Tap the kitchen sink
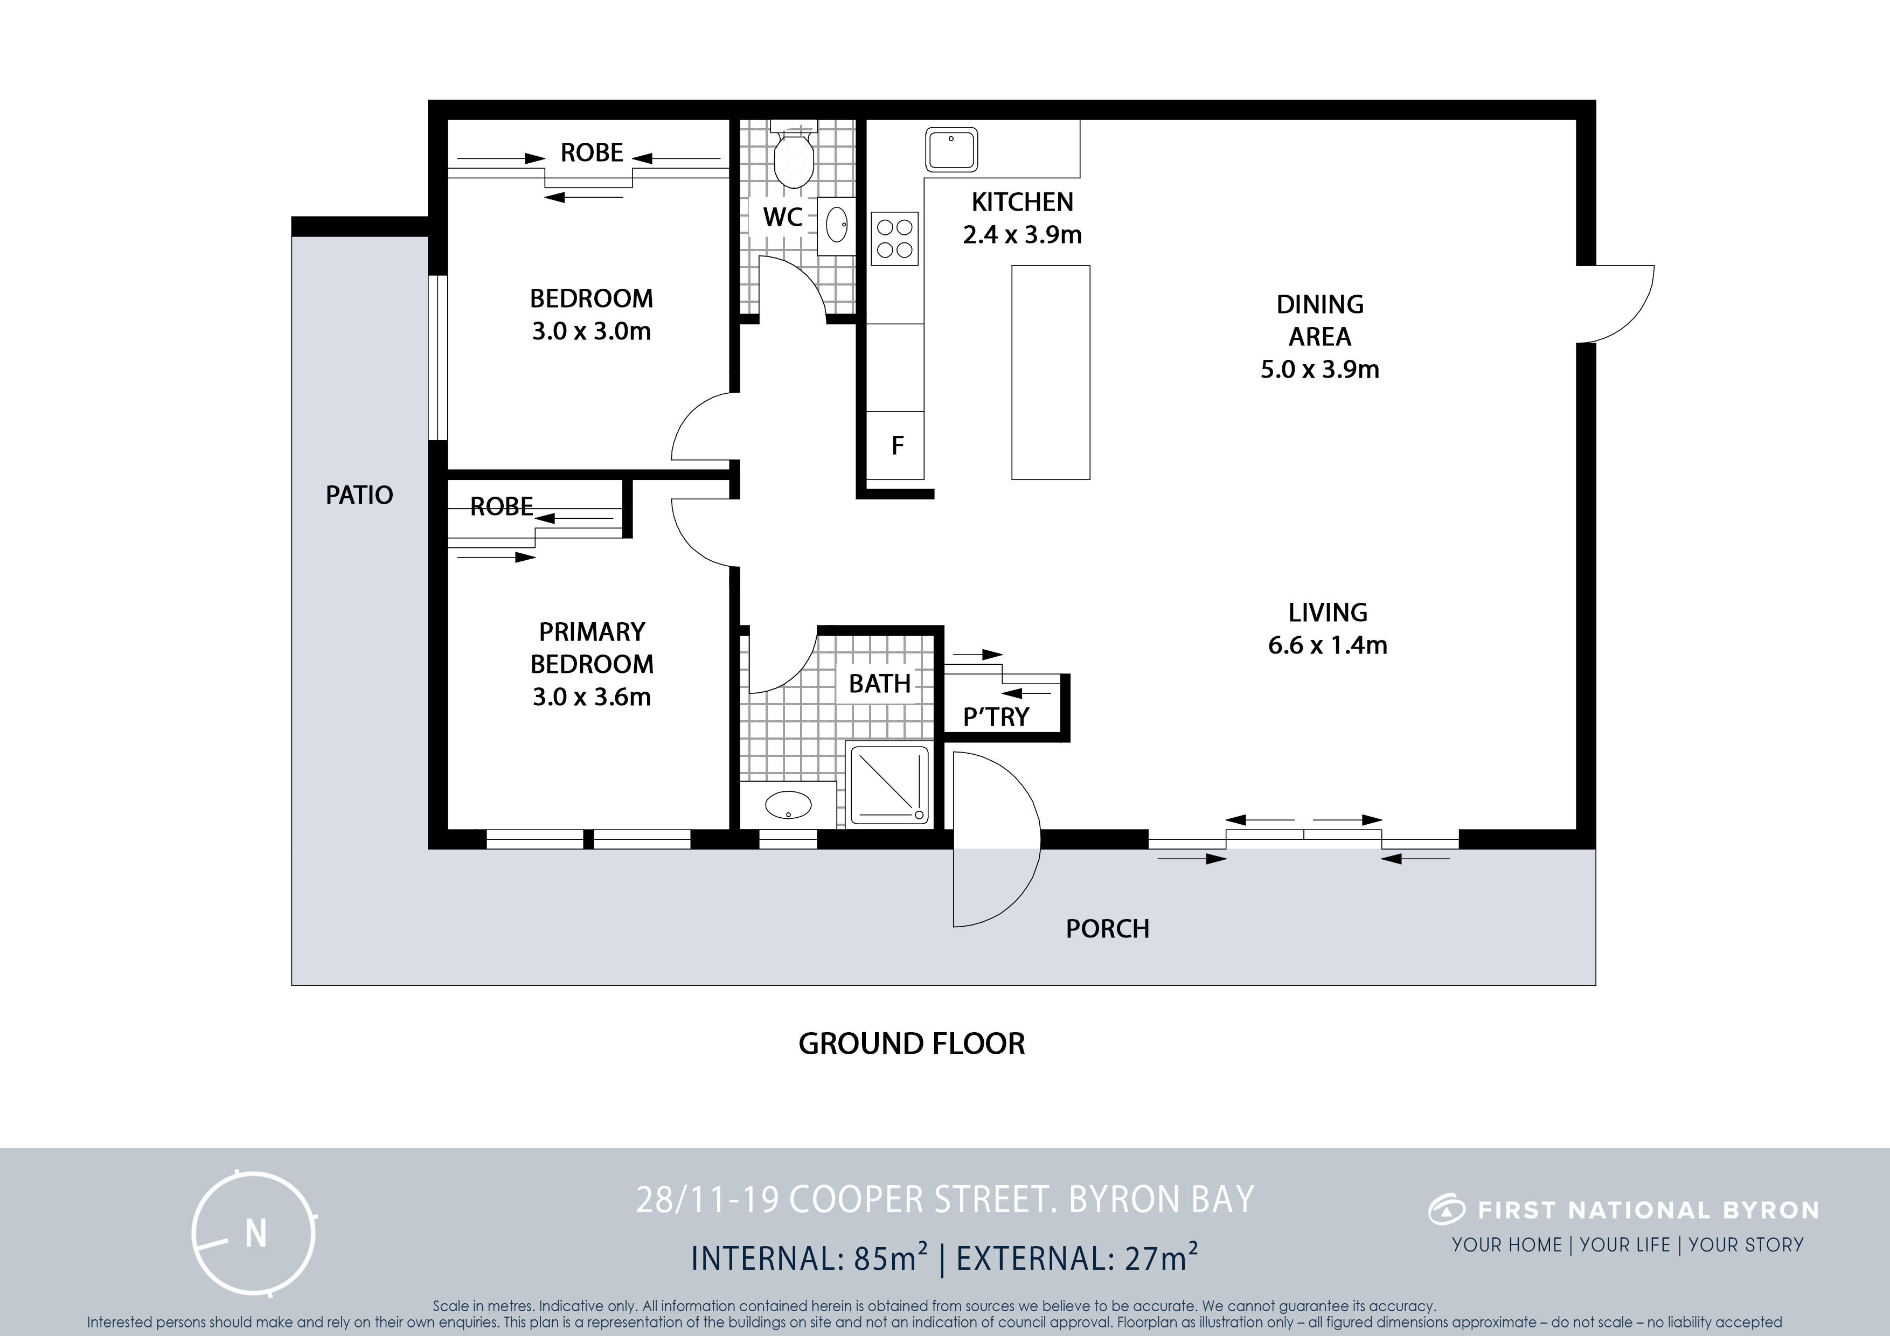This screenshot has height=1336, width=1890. tap(951, 150)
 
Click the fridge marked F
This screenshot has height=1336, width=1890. tap(897, 446)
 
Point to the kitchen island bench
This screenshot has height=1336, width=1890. tap(1051, 372)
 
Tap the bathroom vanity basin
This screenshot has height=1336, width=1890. tap(788, 804)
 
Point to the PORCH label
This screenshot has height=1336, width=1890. tap(1107, 929)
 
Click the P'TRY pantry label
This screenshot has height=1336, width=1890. tap(996, 717)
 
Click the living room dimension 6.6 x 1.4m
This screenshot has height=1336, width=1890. tap(1328, 644)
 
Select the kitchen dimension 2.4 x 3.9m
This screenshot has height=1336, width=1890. tap(1023, 234)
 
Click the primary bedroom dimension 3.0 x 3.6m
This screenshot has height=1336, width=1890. tap(592, 697)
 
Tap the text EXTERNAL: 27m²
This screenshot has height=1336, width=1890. tap(1076, 1258)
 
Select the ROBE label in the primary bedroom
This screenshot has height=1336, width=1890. tap(501, 506)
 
